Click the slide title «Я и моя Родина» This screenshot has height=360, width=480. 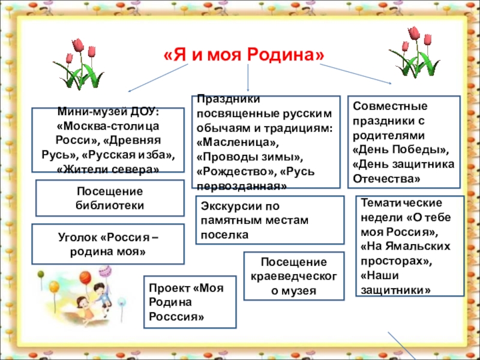point(243,55)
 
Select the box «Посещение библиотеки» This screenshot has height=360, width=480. point(110,198)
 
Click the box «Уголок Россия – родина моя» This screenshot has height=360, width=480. point(108,245)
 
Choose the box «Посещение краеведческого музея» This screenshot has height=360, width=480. point(294,277)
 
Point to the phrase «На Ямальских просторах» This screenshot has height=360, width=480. point(402,254)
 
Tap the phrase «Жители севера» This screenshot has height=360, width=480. point(108,169)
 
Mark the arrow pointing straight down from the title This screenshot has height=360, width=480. point(249,78)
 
